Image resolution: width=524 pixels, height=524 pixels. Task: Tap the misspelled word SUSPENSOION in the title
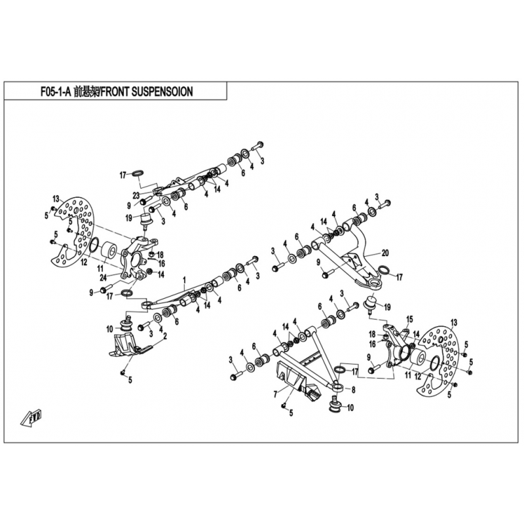click(162, 92)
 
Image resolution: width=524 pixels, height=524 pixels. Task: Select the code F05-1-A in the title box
click(56, 92)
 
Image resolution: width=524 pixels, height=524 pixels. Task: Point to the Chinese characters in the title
click(86, 92)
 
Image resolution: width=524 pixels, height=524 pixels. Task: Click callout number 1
click(184, 279)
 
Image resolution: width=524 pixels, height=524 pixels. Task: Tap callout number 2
click(165, 337)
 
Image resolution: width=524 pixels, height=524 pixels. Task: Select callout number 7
click(275, 395)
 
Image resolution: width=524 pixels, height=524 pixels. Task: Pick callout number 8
click(354, 389)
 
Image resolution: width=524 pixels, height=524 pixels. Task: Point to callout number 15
click(409, 319)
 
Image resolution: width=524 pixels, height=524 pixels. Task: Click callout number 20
click(385, 253)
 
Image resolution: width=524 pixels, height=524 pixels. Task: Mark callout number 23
click(136, 195)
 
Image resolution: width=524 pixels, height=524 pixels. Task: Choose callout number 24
click(103, 277)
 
